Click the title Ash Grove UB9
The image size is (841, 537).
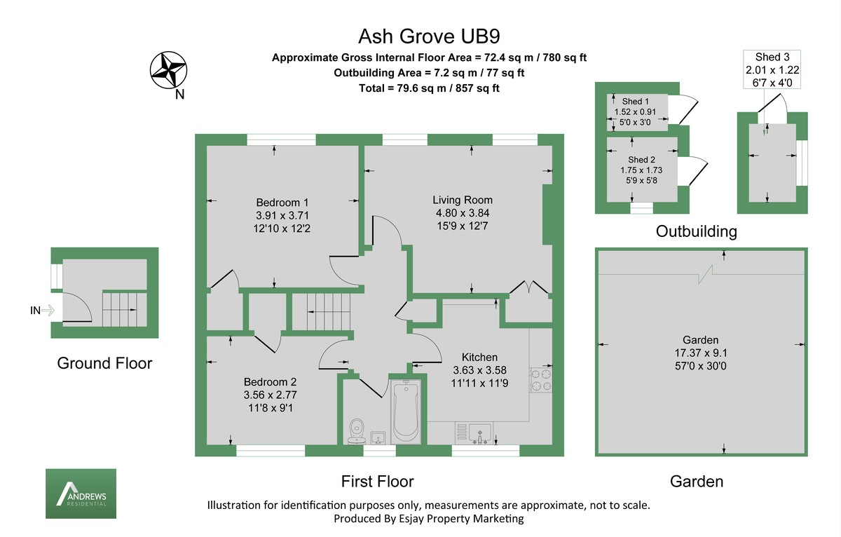[x=420, y=36]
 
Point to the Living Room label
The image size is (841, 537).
[x=462, y=200]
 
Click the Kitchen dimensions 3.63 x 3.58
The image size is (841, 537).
[x=479, y=370]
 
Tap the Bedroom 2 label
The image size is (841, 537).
[x=270, y=382]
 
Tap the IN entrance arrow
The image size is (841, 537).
[x=42, y=311]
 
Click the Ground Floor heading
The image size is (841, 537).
[x=104, y=363]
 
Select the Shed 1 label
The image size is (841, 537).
[x=636, y=102]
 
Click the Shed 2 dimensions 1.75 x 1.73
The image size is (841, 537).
[x=641, y=170]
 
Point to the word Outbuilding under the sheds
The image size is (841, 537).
[x=696, y=231]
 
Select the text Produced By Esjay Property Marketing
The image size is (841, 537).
[x=428, y=519]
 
